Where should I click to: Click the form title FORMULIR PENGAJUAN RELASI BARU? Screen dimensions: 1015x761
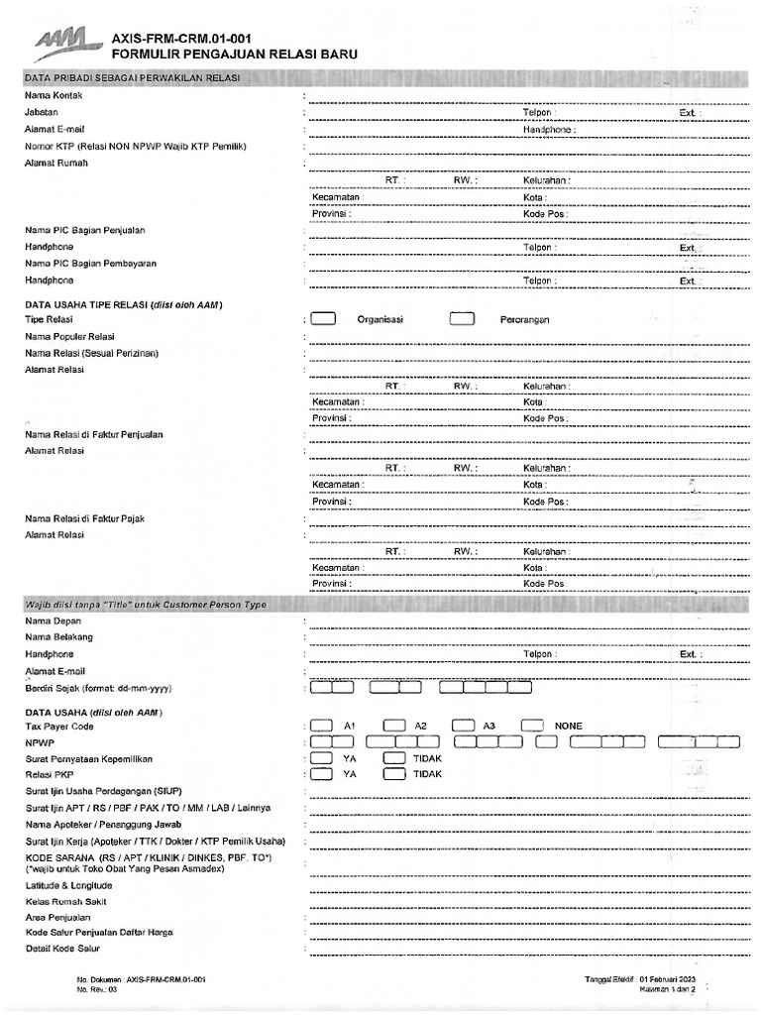pos(236,56)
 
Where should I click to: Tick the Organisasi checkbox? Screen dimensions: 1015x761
pos(323,319)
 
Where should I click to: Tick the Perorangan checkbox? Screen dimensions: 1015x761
pos(463,319)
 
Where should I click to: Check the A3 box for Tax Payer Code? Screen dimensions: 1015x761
pos(463,726)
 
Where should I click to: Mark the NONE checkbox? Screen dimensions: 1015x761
pos(532,726)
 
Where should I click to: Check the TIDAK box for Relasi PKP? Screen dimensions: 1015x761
pos(393,774)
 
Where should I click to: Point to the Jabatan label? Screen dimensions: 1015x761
pos(42,113)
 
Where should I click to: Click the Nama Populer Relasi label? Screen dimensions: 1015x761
pos(69,337)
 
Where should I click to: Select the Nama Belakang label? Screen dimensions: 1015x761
pos(58,637)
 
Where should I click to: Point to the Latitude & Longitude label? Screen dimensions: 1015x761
pos(68,885)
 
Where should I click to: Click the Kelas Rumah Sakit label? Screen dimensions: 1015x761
pos(65,902)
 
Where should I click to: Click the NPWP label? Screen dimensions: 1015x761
pos(39,741)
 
